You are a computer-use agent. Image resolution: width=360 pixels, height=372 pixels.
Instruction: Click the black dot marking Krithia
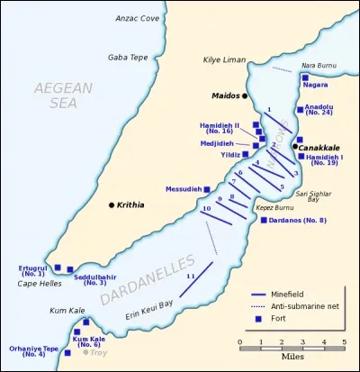tap(112, 205)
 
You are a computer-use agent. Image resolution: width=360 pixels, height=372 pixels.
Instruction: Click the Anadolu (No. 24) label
tap(319, 110)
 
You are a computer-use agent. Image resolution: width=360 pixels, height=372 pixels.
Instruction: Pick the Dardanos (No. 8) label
tap(297, 220)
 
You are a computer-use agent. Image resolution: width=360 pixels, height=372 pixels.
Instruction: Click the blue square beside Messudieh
tap(208, 189)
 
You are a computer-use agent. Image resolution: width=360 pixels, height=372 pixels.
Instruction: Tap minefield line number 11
tap(191, 279)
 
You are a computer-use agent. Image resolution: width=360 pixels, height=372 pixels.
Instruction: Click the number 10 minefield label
tap(206, 209)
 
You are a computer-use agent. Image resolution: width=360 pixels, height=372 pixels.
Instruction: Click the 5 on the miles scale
tap(344, 342)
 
